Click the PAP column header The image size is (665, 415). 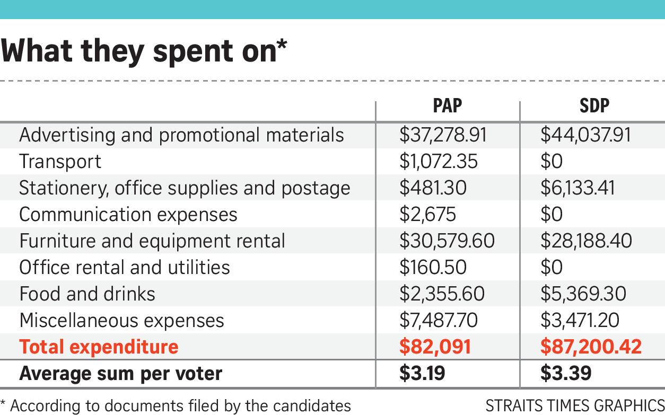tap(447, 106)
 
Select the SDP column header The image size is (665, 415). tap(594, 106)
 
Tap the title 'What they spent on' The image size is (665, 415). tap(144, 51)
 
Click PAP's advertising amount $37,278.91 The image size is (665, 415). tap(443, 135)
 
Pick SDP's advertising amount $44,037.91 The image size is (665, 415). tap(585, 135)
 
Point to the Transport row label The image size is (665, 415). tap(60, 162)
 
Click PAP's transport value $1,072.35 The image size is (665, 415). tap(438, 162)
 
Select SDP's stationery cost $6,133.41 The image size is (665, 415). tap(577, 188)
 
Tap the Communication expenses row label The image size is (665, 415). tap(128, 215)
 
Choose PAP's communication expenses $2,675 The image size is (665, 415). tap(427, 215)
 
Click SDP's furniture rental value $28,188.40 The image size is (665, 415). tap(586, 241)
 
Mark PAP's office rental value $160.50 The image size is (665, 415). tap(433, 268)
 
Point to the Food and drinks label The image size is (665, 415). tap(87, 294)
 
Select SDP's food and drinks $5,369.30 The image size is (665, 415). tap(583, 294)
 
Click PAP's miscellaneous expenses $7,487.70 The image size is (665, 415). tap(438, 321)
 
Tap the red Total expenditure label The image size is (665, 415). tap(99, 347)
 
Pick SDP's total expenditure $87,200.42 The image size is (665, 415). tap(591, 347)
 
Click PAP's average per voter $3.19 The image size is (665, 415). tap(422, 374)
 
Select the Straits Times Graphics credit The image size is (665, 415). tap(575, 405)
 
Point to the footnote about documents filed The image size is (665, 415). tap(176, 406)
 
